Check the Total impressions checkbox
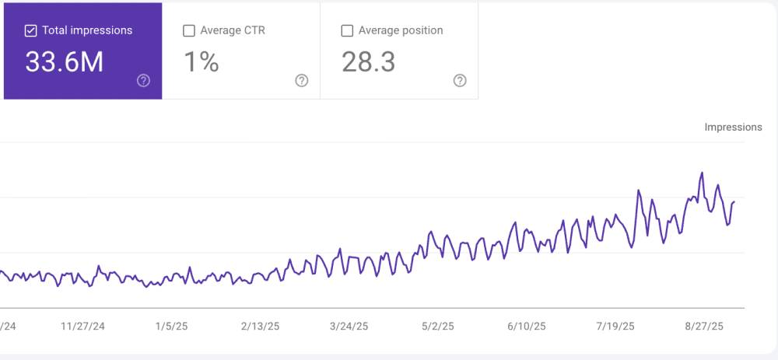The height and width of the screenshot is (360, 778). pyautogui.click(x=31, y=31)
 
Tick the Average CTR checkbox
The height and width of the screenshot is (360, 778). pyautogui.click(x=189, y=31)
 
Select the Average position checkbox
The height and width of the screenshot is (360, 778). pyautogui.click(x=347, y=31)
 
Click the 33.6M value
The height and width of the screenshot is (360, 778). pyautogui.click(x=64, y=62)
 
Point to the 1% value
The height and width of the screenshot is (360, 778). pyautogui.click(x=201, y=62)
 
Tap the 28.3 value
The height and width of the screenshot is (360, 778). pyautogui.click(x=368, y=62)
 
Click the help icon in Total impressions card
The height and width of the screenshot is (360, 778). pyautogui.click(x=143, y=81)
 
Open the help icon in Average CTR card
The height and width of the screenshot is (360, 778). pyautogui.click(x=302, y=81)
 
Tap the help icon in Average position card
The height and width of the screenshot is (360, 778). pyautogui.click(x=460, y=81)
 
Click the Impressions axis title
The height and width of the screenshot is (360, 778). pyautogui.click(x=733, y=127)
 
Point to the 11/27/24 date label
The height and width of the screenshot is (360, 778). pyautogui.click(x=82, y=327)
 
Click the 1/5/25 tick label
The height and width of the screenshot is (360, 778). pyautogui.click(x=171, y=327)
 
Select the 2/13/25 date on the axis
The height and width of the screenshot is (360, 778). pyautogui.click(x=260, y=327)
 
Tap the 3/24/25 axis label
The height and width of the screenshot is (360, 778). pyautogui.click(x=349, y=327)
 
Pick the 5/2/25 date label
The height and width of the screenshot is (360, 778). pyautogui.click(x=437, y=327)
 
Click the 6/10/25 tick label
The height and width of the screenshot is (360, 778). pyautogui.click(x=527, y=327)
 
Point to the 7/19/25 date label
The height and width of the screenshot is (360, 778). pyautogui.click(x=615, y=327)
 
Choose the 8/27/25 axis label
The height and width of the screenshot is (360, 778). pyautogui.click(x=704, y=327)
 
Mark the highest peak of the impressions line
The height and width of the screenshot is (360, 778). pyautogui.click(x=702, y=173)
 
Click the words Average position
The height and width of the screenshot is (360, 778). pyautogui.click(x=401, y=31)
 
